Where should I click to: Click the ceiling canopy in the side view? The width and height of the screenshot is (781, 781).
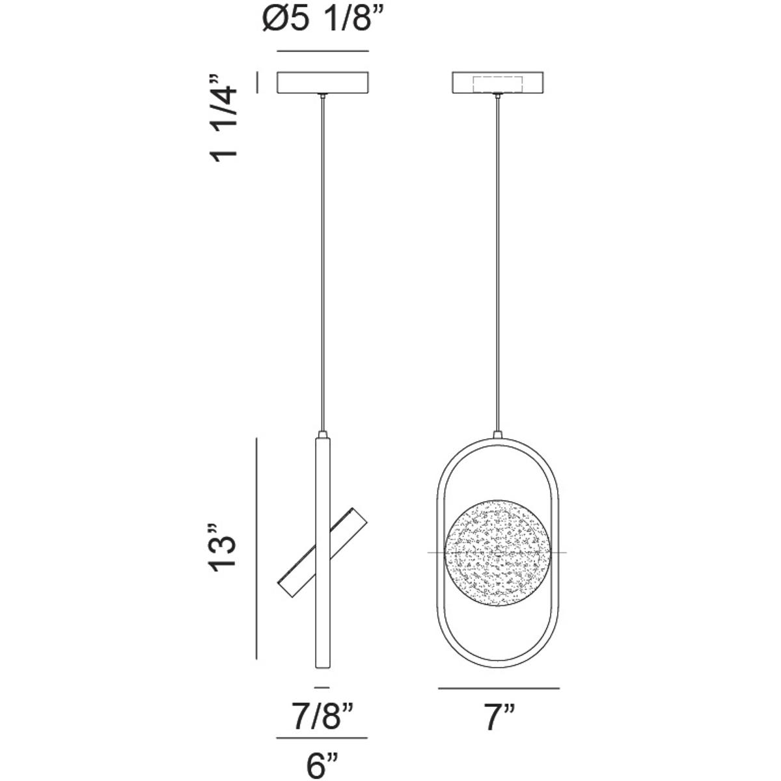pyautogui.click(x=323, y=82)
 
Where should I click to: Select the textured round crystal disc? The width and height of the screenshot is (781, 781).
pyautogui.click(x=498, y=553)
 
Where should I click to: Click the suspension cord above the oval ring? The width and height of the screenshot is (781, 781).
pyautogui.click(x=499, y=260)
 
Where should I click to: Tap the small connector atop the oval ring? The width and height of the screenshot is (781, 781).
pyautogui.click(x=499, y=434)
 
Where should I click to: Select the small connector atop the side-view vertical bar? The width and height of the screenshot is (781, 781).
pyautogui.click(x=323, y=434)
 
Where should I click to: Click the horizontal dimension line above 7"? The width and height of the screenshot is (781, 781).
pyautogui.click(x=499, y=687)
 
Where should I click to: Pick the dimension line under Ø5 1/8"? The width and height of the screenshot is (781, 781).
pyautogui.click(x=323, y=51)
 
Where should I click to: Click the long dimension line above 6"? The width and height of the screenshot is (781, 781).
pyautogui.click(x=322, y=738)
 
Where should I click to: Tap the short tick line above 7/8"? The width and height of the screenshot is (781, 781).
pyautogui.click(x=322, y=687)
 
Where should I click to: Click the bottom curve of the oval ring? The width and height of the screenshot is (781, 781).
pyautogui.click(x=499, y=666)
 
